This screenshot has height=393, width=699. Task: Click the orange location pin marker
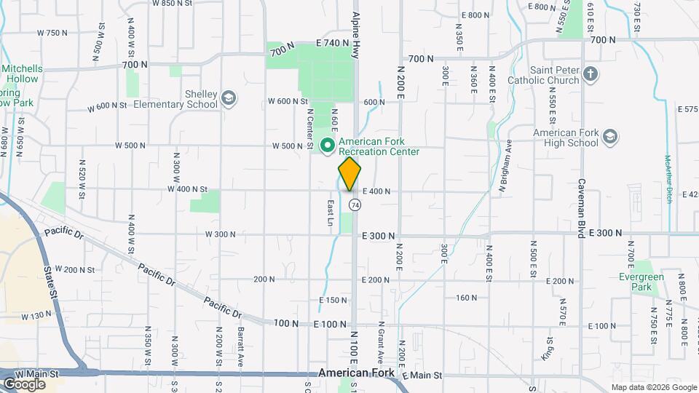pyautogui.click(x=349, y=173)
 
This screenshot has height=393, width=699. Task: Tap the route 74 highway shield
pyautogui.click(x=355, y=205)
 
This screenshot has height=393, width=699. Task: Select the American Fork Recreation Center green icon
pyautogui.click(x=328, y=146)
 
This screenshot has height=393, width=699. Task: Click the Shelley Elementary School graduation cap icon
pyautogui.click(x=229, y=98)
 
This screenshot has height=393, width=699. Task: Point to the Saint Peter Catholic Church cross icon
pyautogui.click(x=590, y=74)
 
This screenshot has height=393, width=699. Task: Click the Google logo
pyautogui.click(x=24, y=384)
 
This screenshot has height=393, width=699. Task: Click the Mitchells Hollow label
pyautogui.click(x=21, y=74)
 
